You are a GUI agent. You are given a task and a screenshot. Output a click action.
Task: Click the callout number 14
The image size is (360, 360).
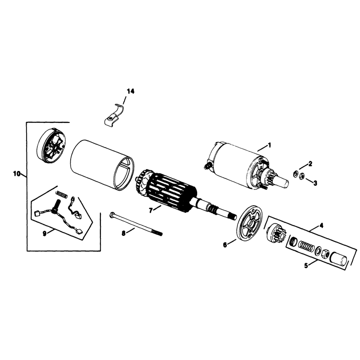click(x=130, y=91)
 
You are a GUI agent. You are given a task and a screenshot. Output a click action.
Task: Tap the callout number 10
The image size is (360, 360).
click(x=17, y=174)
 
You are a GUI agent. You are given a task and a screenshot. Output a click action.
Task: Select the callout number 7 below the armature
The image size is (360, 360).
click(x=151, y=210)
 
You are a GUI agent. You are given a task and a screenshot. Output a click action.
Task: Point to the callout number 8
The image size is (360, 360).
click(x=123, y=233)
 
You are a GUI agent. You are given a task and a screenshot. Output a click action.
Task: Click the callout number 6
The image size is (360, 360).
click(x=225, y=245)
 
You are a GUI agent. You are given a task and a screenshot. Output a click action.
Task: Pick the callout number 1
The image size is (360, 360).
click(x=270, y=145)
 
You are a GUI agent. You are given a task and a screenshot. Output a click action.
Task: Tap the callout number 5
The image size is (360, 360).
click(x=306, y=265)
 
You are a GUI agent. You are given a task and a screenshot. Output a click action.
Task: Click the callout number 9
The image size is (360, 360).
click(x=45, y=233)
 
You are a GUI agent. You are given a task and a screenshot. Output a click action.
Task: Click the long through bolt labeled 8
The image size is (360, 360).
click(x=136, y=224)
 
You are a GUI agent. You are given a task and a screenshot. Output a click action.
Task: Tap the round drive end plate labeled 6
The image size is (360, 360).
click(x=249, y=223)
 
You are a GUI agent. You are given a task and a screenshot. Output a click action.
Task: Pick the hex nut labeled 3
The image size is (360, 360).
click(x=302, y=176)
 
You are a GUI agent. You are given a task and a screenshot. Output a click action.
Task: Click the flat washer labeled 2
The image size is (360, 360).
click(x=296, y=174)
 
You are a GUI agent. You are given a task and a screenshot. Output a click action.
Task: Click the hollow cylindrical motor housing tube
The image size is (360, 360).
click(x=103, y=165)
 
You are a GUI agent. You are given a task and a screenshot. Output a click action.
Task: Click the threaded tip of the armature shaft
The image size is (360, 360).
click(x=233, y=216)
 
